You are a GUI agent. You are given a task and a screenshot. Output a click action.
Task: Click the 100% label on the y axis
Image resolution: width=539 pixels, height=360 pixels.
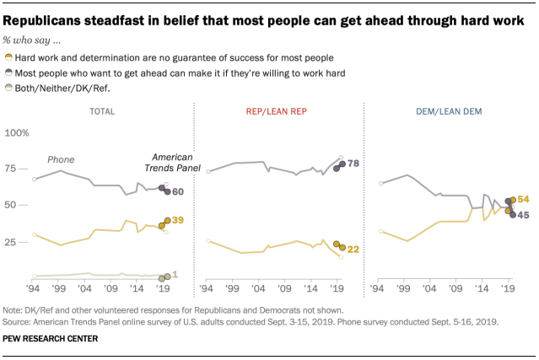[17, 133]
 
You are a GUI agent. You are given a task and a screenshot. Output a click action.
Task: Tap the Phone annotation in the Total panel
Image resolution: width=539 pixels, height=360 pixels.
[61, 159]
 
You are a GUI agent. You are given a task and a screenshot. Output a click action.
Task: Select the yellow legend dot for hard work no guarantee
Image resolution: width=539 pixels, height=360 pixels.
[8, 56]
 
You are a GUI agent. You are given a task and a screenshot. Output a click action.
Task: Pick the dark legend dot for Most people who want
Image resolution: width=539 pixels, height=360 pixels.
[8, 73]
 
